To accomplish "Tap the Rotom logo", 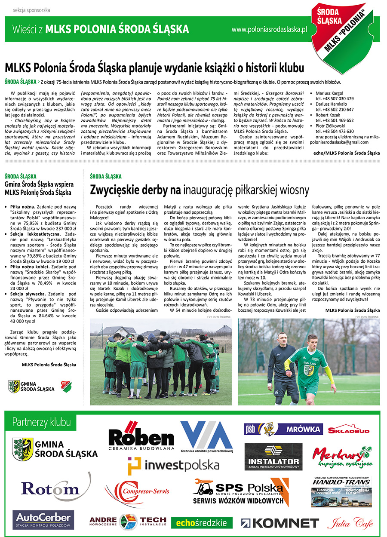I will point(50,488).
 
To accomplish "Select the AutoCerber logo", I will point(43,520).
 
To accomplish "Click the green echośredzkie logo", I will point(202,523).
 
